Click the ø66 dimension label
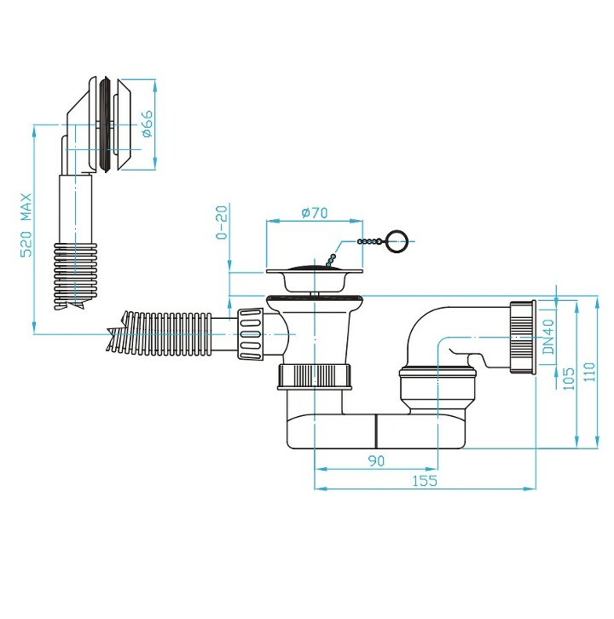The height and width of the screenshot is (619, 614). pyautogui.click(x=148, y=124)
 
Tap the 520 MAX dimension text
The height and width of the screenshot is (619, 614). pyautogui.click(x=26, y=225)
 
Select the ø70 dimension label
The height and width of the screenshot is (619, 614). pyautogui.click(x=315, y=213)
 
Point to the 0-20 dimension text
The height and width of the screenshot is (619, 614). pyautogui.click(x=223, y=223)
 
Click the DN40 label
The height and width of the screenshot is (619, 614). pyautogui.click(x=548, y=337)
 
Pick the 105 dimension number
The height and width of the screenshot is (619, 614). pyautogui.click(x=569, y=379)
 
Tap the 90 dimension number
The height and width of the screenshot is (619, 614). pyautogui.click(x=376, y=460)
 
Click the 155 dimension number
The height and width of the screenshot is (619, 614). pyautogui.click(x=425, y=481)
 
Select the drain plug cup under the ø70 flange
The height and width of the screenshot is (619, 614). pyautogui.click(x=315, y=282)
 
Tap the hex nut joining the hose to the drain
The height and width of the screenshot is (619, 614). pyautogui.click(x=250, y=334)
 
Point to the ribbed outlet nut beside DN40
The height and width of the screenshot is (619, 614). pyautogui.click(x=523, y=337)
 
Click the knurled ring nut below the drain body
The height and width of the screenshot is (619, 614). pyautogui.click(x=315, y=377)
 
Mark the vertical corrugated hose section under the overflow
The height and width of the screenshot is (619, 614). pyautogui.click(x=75, y=276)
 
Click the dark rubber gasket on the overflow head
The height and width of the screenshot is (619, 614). pyautogui.click(x=105, y=124)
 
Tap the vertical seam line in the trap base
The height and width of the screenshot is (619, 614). pyautogui.click(x=377, y=431)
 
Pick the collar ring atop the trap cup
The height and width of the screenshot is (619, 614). pyautogui.click(x=437, y=373)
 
